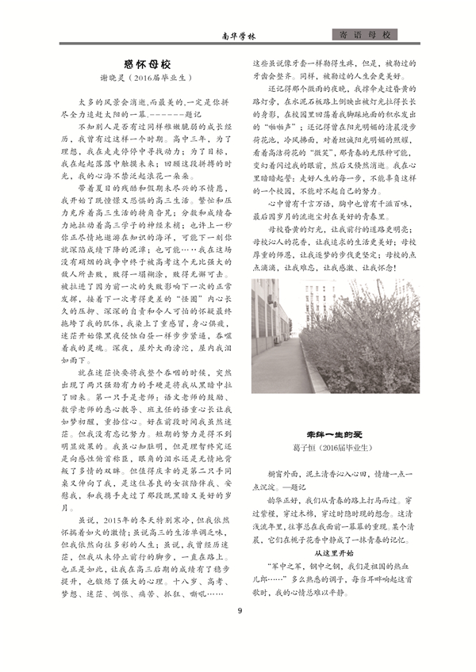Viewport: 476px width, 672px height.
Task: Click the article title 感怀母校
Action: click(x=148, y=63)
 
